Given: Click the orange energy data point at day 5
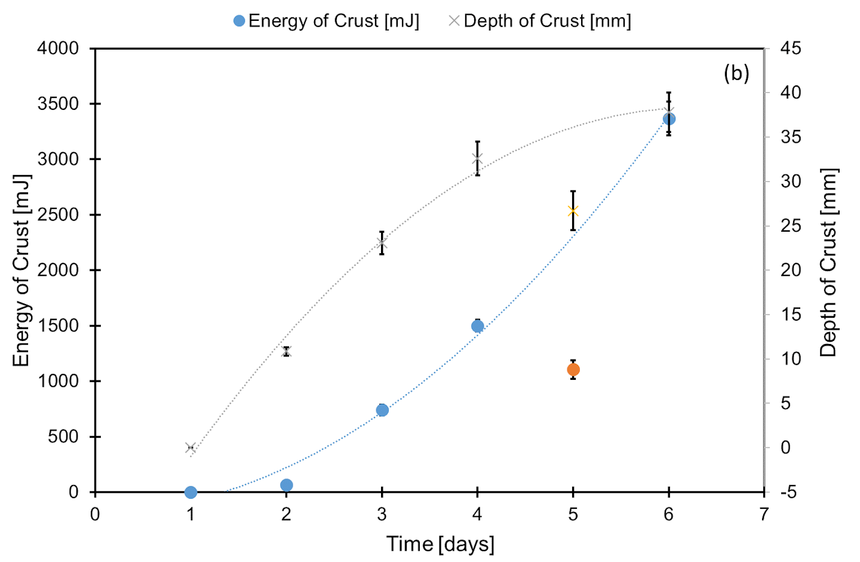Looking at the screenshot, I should [573, 370].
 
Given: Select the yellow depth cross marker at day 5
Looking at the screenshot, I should [573, 211].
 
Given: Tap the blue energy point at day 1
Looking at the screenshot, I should [191, 492].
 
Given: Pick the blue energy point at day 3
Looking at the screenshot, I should [382, 410].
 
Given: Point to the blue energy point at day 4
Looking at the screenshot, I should [477, 326].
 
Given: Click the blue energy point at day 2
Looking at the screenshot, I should [286, 485].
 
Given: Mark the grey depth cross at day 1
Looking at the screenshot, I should [191, 448].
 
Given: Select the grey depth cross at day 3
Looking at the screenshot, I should [382, 243].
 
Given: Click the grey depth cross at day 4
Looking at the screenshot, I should [477, 159].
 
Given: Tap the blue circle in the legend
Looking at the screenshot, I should [239, 21].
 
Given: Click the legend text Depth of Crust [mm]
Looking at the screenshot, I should [547, 21].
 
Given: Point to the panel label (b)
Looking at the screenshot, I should [736, 73].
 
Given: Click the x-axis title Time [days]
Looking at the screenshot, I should [440, 544].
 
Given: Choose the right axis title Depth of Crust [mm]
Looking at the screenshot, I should [828, 263].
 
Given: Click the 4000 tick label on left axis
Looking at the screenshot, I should [58, 48].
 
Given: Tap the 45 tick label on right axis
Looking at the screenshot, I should [791, 48].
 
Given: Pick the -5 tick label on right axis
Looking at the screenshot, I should [788, 492].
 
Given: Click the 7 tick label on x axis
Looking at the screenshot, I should [764, 514].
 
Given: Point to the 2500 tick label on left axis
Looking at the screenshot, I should [58, 215].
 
